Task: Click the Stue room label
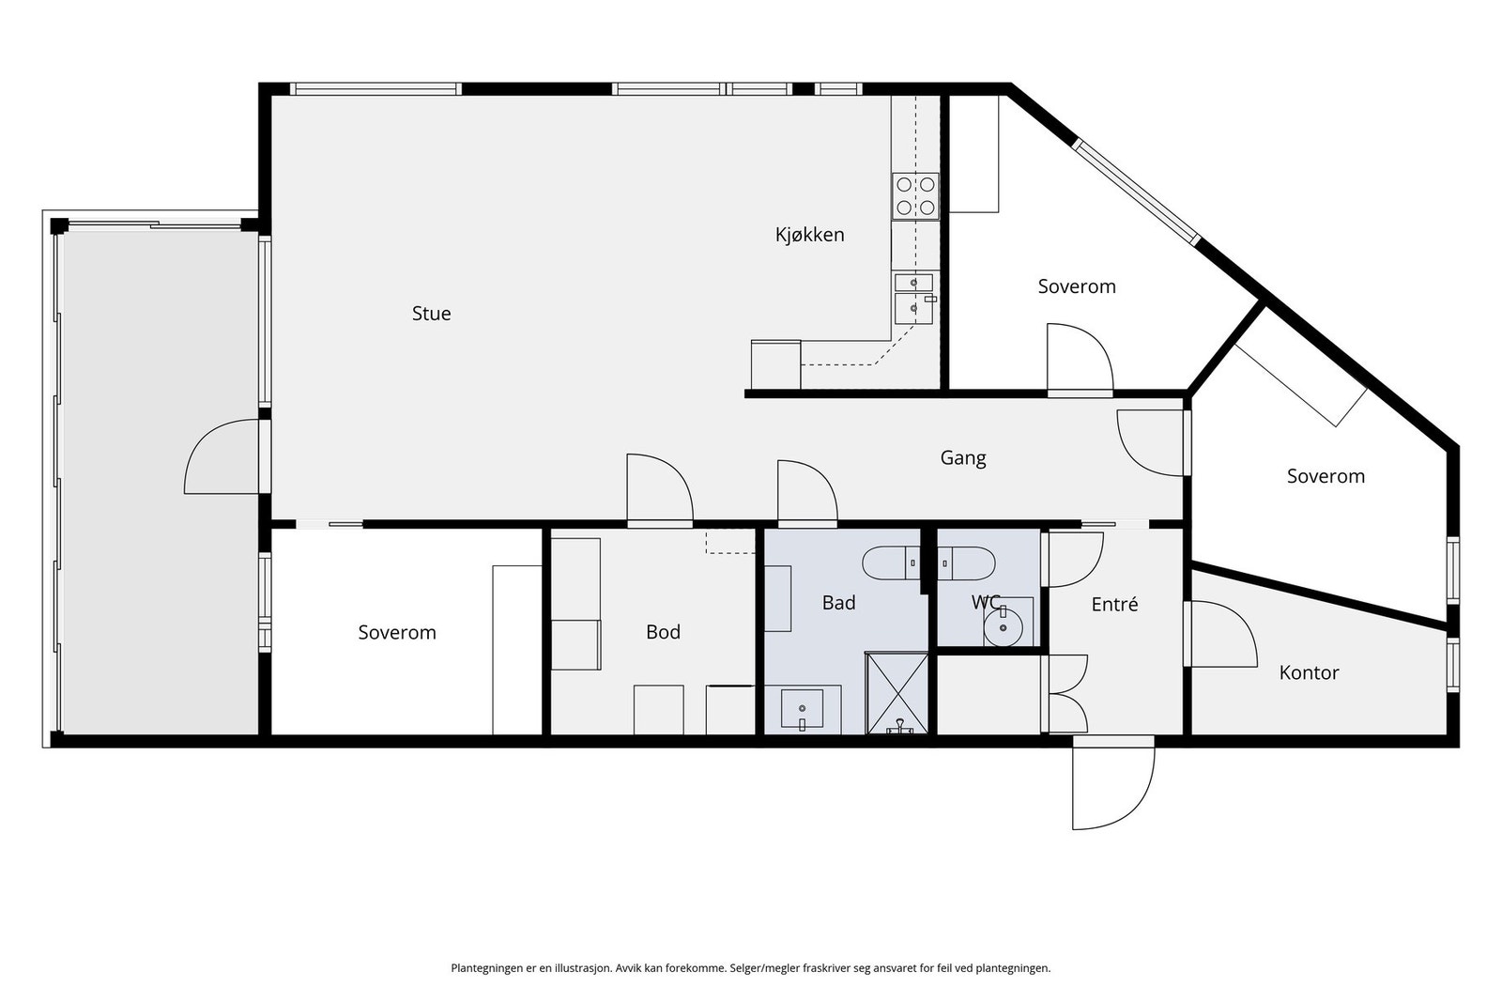tap(431, 314)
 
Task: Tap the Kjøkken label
tap(809, 235)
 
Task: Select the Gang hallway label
tap(963, 458)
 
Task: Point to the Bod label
tap(663, 632)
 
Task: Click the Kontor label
tap(1309, 672)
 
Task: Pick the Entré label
tap(1114, 604)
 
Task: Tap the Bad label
tap(839, 603)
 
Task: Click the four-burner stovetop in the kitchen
tap(915, 196)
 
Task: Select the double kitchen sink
tap(914, 298)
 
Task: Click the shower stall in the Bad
tap(897, 693)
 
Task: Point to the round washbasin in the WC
tap(1004, 627)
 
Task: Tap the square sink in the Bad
tap(802, 708)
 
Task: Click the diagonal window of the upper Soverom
tap(1136, 192)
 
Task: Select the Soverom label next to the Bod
tap(397, 632)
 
